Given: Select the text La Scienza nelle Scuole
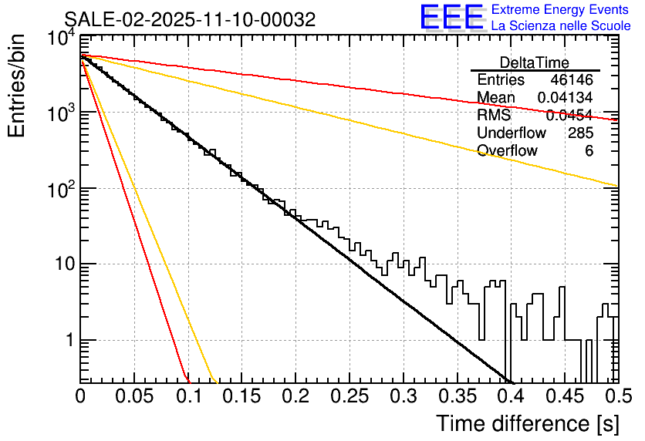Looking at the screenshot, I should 561,26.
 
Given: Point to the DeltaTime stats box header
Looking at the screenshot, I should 535,62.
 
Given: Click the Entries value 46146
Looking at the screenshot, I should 572,80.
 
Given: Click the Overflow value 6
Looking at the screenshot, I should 589,151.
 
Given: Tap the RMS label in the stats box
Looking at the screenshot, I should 494,116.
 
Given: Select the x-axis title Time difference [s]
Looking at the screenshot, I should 525,423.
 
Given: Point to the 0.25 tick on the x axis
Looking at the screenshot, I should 349,396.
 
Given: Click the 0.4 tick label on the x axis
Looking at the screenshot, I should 509,396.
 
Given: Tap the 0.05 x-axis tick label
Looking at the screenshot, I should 133,396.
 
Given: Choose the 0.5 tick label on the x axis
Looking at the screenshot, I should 616,396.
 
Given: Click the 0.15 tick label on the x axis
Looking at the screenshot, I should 241,396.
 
